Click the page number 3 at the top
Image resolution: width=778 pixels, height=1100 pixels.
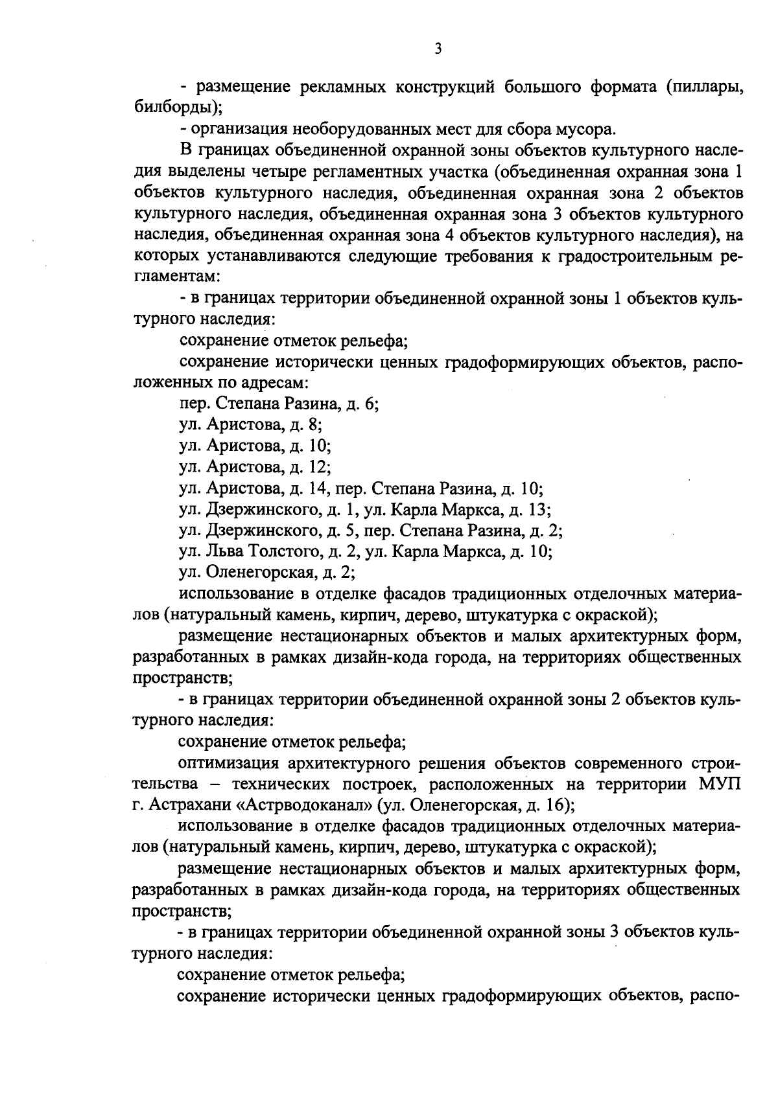pos(438,49)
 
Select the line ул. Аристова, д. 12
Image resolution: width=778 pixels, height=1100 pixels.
pos(255,467)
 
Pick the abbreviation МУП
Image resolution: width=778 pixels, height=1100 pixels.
pos(719,785)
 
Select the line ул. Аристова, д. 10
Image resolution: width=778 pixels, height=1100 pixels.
pos(255,446)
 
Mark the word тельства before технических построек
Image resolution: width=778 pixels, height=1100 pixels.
pos(165,785)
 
